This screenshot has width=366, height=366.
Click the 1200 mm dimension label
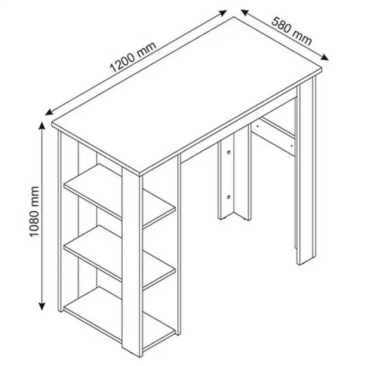click(x=133, y=57)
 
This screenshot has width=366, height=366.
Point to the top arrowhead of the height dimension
click(x=42, y=126)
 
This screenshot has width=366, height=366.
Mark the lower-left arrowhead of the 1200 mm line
click(x=50, y=112)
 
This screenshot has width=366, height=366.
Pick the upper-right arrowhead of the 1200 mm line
click(x=222, y=13)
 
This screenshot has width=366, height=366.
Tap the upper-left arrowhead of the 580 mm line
click(x=245, y=12)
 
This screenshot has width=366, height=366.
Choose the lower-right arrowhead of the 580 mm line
click(x=324, y=57)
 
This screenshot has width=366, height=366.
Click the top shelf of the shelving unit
click(x=119, y=195)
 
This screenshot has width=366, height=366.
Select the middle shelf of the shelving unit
click(x=119, y=257)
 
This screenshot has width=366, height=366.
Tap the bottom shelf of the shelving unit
click(x=119, y=318)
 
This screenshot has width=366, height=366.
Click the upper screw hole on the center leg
click(x=229, y=152)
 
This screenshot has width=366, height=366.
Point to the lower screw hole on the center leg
click(x=229, y=198)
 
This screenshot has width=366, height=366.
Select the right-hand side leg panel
click(x=306, y=171)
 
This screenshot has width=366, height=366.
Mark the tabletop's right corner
click(x=322, y=68)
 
